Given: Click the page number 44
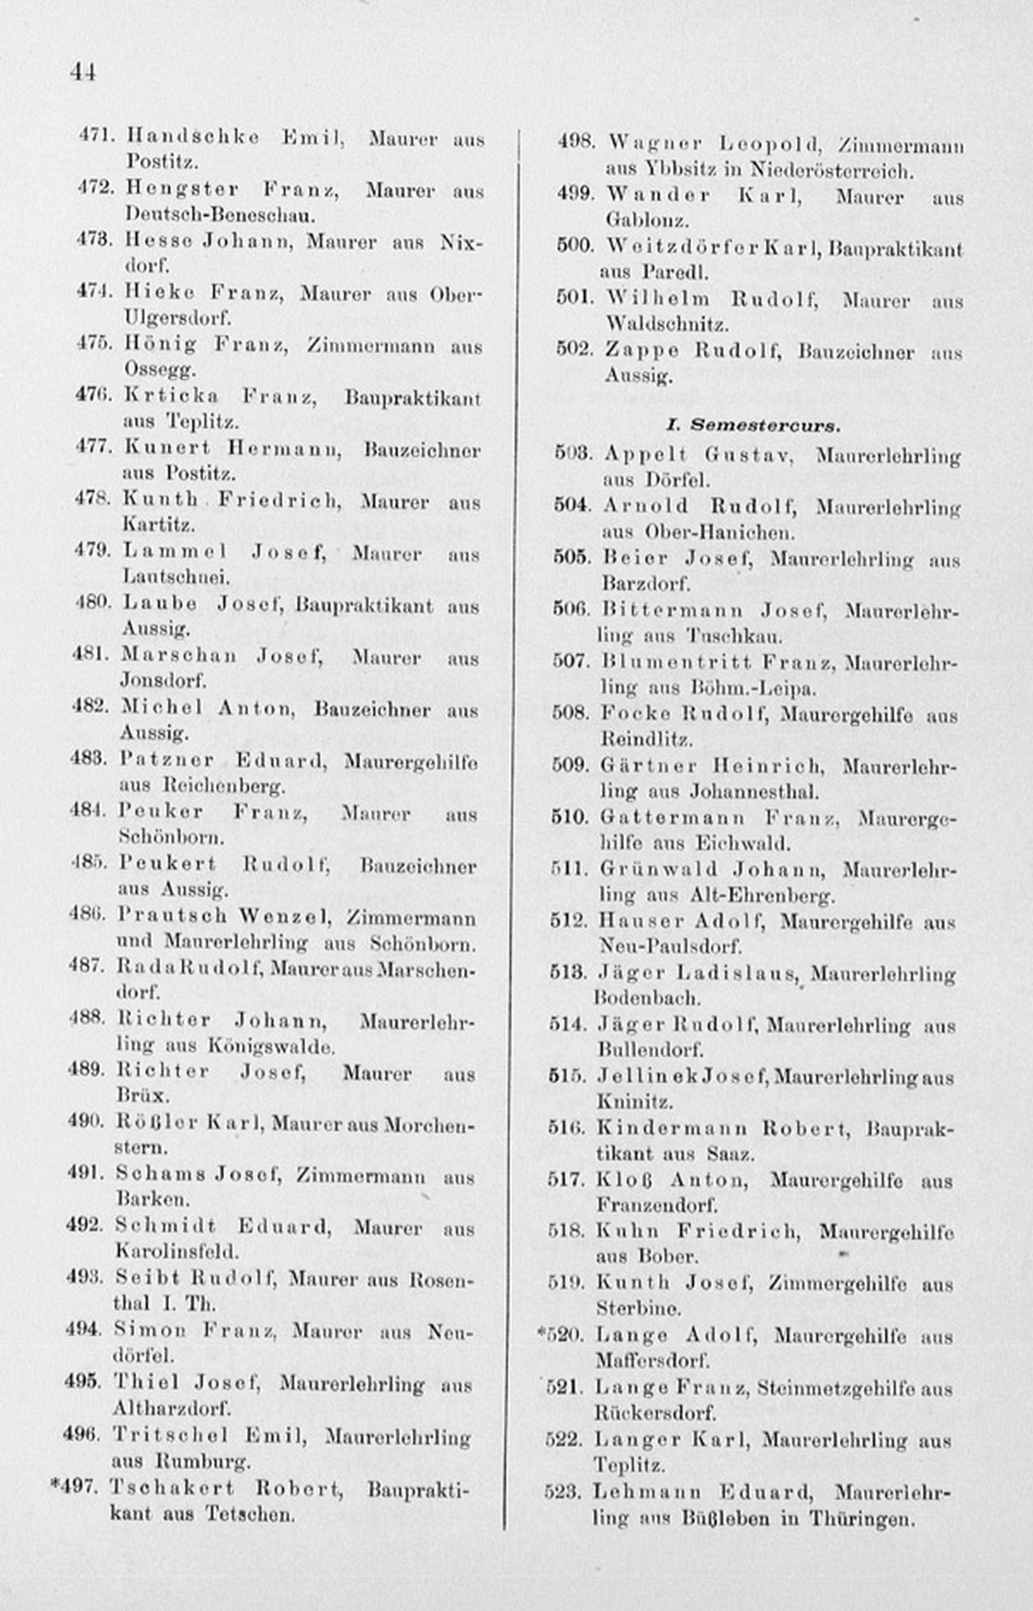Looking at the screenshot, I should pos(83,72).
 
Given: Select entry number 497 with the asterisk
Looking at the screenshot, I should pos(75,1487).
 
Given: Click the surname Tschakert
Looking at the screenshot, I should pos(172,1488).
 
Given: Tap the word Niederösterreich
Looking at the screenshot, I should pos(831,170).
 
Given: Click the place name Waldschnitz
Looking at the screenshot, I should pos(667,325).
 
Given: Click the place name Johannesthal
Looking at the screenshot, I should pos(754,792).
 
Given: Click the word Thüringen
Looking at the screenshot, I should pos(861,1518).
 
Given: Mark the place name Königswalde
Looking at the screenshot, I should pos(271,1046).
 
